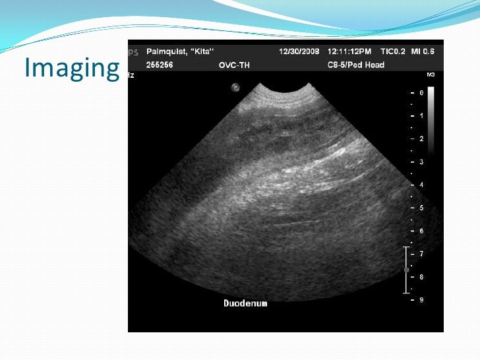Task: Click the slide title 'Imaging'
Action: pos(71,67)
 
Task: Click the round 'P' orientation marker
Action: pos(235,87)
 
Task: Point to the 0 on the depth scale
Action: pos(421,93)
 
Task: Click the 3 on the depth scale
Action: pos(421,162)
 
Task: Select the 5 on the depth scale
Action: pos(421,208)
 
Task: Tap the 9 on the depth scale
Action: pos(421,300)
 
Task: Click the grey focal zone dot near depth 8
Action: pos(407,270)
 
